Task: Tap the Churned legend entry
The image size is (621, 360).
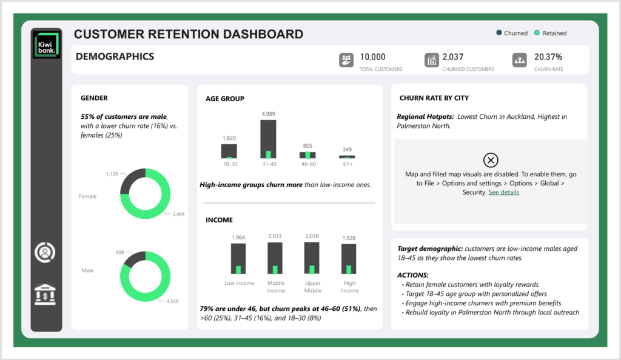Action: [512, 33]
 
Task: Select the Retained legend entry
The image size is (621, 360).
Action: [551, 33]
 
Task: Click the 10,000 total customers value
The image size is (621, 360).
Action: [372, 57]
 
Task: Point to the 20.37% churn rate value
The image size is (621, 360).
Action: [548, 57]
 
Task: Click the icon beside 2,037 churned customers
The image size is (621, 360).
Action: [431, 60]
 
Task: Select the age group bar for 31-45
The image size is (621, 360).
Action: [268, 139]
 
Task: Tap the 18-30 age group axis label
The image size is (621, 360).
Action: [230, 164]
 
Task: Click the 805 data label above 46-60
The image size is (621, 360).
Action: [307, 145]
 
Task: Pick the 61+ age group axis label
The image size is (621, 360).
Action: [347, 164]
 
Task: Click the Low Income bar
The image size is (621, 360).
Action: [238, 259]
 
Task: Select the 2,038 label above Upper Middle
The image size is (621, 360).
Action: [312, 236]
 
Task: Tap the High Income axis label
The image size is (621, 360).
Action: [349, 287]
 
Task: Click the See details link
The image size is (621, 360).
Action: [504, 192]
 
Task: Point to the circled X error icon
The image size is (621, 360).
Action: [491, 160]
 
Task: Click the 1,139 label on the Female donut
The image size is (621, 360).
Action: [112, 174]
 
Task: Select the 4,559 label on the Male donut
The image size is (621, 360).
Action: [172, 301]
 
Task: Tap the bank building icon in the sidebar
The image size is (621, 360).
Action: [45, 295]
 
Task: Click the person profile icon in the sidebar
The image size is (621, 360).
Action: [45, 252]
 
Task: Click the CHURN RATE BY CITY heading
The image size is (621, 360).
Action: [434, 98]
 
